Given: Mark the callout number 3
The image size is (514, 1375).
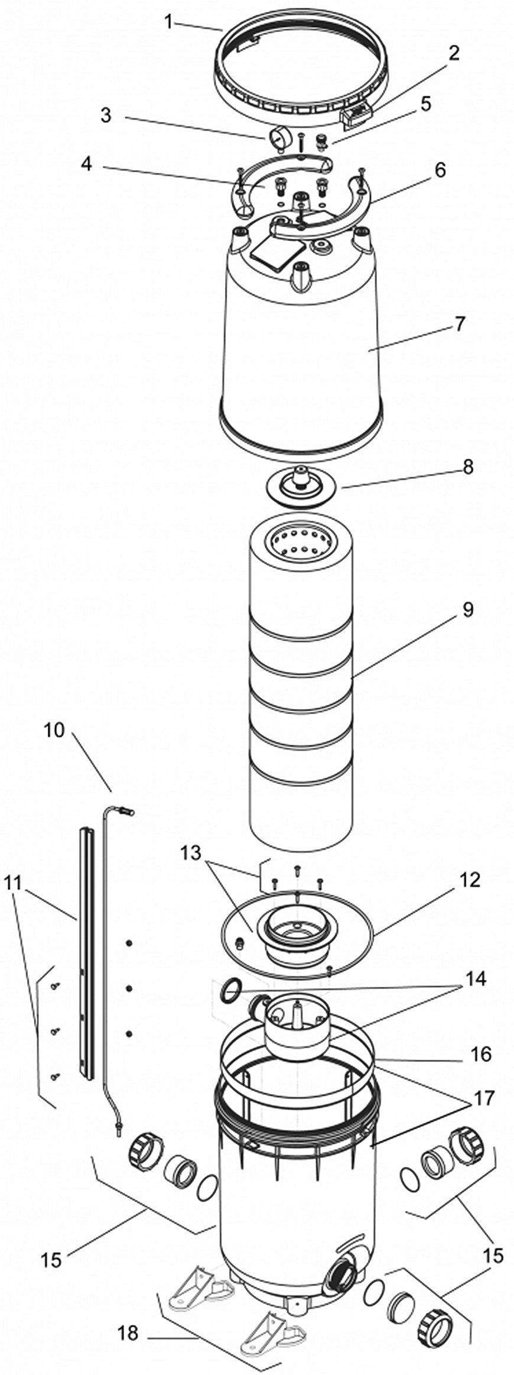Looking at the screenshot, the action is (x=106, y=115).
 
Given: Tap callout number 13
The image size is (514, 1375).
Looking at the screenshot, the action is (x=191, y=852).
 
